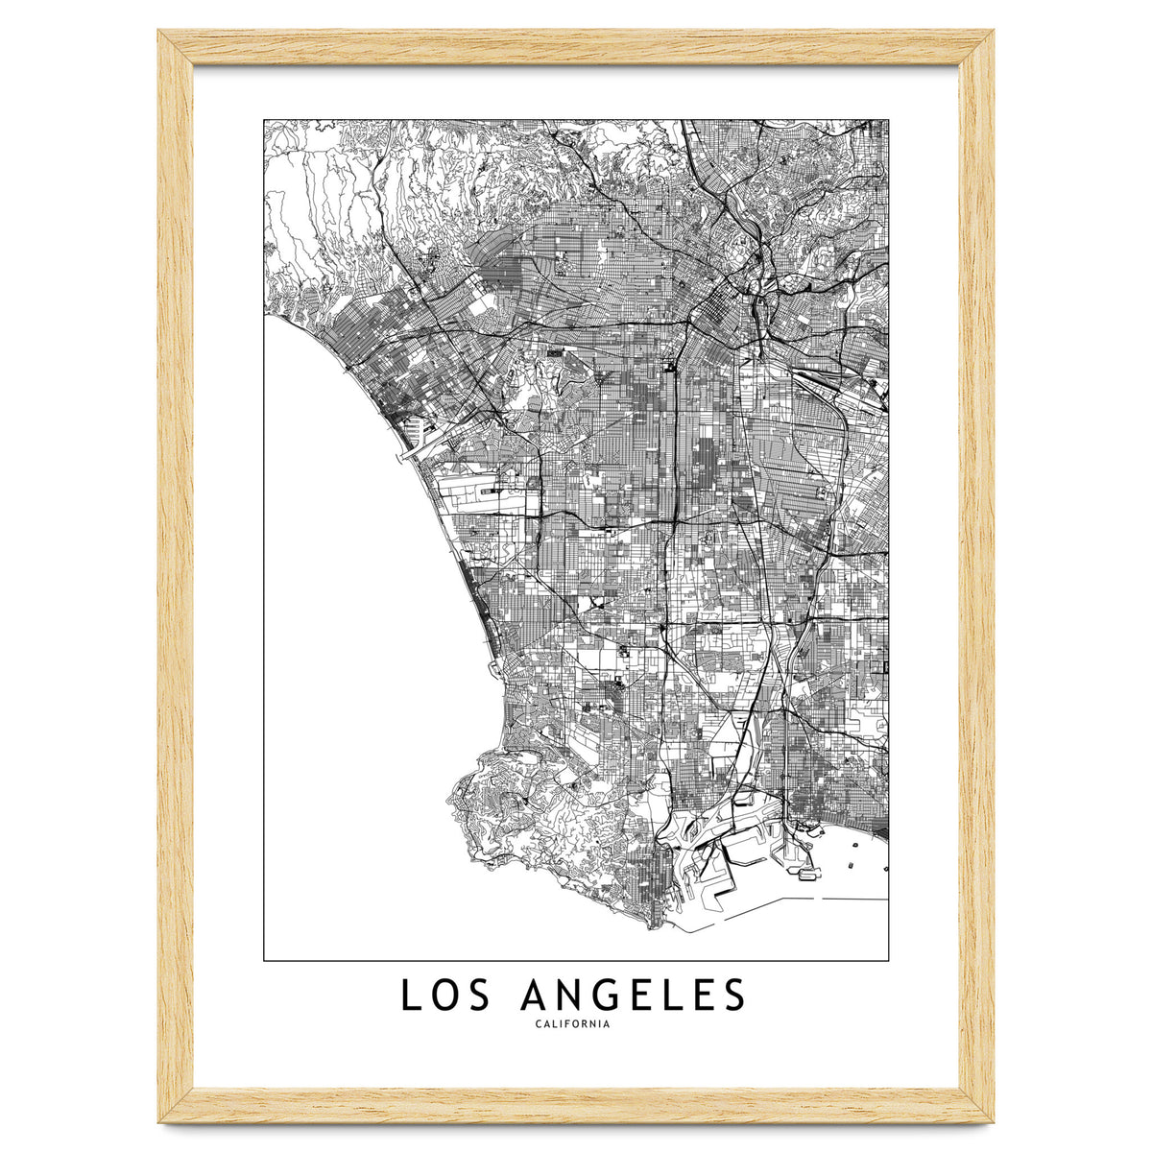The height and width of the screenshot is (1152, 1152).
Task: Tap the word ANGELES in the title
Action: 632,996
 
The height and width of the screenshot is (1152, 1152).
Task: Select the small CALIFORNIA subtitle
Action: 574,1024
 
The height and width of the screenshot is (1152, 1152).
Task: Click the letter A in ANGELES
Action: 532,996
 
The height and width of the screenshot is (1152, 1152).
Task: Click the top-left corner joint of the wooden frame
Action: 176,47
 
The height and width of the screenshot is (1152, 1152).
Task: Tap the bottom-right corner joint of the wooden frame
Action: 976,1105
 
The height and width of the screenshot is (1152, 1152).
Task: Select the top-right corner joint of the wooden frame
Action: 976,47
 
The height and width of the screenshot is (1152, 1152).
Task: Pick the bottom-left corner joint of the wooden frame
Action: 176,1105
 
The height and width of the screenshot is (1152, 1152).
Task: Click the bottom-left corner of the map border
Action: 264,960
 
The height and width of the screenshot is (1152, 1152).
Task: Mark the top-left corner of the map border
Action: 264,120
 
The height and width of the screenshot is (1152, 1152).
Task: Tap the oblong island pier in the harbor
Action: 808,874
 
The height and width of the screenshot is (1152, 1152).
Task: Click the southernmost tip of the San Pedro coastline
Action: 654,927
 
